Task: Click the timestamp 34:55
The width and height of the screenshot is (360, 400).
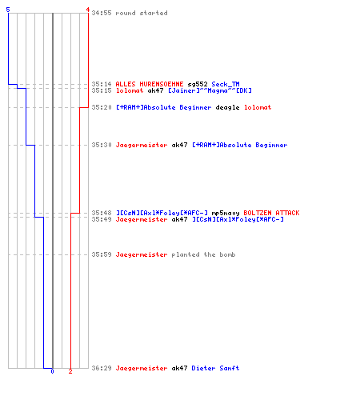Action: tap(102, 13)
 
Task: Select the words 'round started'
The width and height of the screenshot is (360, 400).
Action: tap(142, 13)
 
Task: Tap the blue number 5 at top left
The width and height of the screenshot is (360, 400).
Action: tap(8, 10)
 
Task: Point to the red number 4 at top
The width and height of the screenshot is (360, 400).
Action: tap(88, 10)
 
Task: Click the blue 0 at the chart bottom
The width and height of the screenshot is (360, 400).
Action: tap(52, 371)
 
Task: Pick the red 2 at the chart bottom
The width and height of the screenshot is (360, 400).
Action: tap(70, 371)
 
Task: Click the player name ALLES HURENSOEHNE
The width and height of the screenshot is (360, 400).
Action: tap(150, 84)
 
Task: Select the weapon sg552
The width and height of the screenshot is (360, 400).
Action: tap(198, 84)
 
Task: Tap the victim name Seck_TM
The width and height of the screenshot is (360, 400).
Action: tap(226, 84)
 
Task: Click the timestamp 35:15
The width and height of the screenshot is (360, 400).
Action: tap(102, 90)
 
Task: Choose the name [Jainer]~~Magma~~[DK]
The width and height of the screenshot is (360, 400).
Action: tap(210, 90)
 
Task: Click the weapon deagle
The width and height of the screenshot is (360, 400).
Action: tap(227, 107)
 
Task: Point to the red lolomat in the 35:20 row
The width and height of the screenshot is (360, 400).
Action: tap(258, 107)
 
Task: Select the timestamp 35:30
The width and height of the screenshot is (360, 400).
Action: tap(102, 145)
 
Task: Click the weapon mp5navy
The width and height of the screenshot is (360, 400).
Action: tap(226, 213)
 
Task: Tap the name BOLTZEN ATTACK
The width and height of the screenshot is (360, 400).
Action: tap(271, 213)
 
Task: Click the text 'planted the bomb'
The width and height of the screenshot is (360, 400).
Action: tap(203, 254)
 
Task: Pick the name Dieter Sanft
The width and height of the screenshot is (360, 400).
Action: tap(215, 368)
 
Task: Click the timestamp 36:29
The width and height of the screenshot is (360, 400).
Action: tap(102, 368)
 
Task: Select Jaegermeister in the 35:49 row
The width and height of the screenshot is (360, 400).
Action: tap(142, 219)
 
